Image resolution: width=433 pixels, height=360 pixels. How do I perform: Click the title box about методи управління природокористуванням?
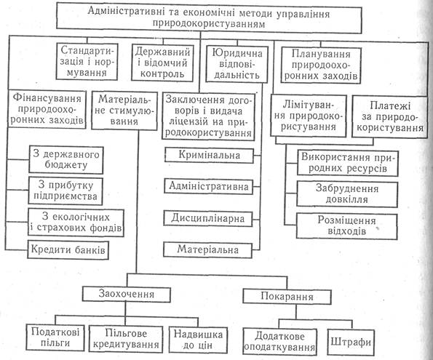point(209,18)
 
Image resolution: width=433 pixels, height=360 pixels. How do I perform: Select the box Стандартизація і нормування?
point(87,62)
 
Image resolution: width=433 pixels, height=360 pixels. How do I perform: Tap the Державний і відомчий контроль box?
point(162,63)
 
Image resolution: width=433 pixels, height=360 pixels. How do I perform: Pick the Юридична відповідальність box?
point(237,64)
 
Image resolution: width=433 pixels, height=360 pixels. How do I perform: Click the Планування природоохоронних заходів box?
point(321,65)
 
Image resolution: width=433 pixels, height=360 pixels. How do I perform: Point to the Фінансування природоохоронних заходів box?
point(47,109)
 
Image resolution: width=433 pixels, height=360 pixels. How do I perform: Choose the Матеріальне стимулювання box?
point(124,111)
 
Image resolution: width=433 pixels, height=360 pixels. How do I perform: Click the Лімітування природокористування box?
point(309,116)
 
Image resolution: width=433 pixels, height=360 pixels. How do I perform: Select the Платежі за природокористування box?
point(389,116)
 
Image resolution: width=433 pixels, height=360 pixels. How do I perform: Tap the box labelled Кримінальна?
point(209,155)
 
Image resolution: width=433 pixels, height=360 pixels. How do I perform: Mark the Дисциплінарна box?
point(208,219)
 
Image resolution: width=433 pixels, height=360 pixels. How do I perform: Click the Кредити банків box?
point(68,250)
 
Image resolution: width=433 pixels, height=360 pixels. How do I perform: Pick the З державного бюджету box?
point(66,160)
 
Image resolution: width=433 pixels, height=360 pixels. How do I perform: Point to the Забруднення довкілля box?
point(347,194)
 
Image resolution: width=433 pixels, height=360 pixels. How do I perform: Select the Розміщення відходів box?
point(347,226)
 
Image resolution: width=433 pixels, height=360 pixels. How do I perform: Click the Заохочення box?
point(126,295)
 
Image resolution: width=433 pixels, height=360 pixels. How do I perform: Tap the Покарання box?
point(287,297)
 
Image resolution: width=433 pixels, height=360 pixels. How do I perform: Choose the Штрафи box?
point(351,342)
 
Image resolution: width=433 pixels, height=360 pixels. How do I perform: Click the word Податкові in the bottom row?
point(55,332)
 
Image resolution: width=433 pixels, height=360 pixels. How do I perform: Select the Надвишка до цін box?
point(198,340)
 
